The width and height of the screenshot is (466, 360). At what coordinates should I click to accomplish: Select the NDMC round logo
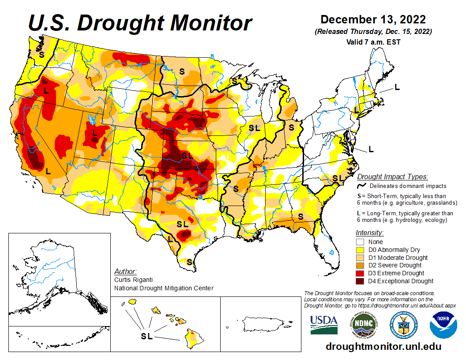(x=362, y=326)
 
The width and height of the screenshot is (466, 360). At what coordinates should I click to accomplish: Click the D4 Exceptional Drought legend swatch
(x=360, y=281)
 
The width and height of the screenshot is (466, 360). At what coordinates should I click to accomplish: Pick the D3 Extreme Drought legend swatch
(x=360, y=273)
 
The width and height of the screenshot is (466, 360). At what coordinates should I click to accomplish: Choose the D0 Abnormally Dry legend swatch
(x=360, y=250)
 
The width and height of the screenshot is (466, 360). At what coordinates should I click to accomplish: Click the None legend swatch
(x=360, y=242)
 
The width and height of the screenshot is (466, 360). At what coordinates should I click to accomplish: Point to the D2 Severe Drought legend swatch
(x=360, y=265)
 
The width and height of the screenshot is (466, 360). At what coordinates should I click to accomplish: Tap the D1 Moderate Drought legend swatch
(x=360, y=258)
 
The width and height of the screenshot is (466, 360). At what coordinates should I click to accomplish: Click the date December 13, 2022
(x=373, y=20)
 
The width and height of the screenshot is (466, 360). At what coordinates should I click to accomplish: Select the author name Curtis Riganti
(x=132, y=280)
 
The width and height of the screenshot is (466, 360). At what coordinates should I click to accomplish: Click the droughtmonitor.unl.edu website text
(x=383, y=346)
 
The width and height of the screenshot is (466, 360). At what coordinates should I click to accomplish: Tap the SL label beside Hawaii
(x=147, y=336)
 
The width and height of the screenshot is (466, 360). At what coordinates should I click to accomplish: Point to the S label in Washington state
(x=41, y=55)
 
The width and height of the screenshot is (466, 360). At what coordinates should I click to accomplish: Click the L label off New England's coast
(x=397, y=87)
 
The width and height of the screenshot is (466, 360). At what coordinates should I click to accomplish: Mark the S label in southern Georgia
(x=301, y=216)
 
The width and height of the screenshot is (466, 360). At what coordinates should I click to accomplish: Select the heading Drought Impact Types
(x=392, y=176)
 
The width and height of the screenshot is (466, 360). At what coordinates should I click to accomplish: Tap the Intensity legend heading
(x=369, y=232)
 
